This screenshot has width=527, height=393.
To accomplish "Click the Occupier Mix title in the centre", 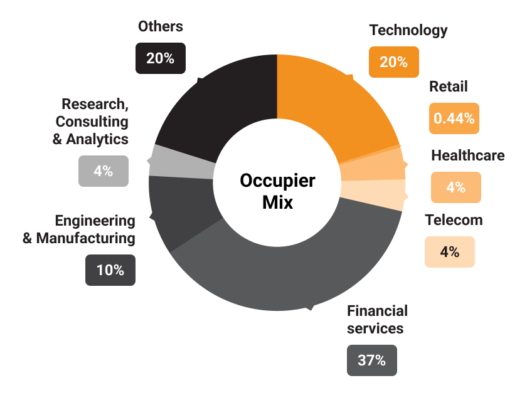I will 277,191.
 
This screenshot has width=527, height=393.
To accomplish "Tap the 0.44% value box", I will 454,118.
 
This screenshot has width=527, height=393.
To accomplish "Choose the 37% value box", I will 371,360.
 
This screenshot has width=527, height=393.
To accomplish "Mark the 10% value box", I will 110,271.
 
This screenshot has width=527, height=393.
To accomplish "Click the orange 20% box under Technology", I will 393,62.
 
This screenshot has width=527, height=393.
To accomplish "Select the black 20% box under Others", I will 160,58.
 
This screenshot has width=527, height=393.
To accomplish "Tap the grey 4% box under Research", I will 104,171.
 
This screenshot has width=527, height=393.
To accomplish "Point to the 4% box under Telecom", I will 449,252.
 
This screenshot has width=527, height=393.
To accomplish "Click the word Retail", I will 449,86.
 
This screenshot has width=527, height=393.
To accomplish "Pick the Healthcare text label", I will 467,155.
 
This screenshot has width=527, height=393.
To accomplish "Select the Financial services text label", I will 377,319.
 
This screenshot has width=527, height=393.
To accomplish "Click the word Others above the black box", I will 161,26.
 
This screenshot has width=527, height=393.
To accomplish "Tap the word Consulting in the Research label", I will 92,121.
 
